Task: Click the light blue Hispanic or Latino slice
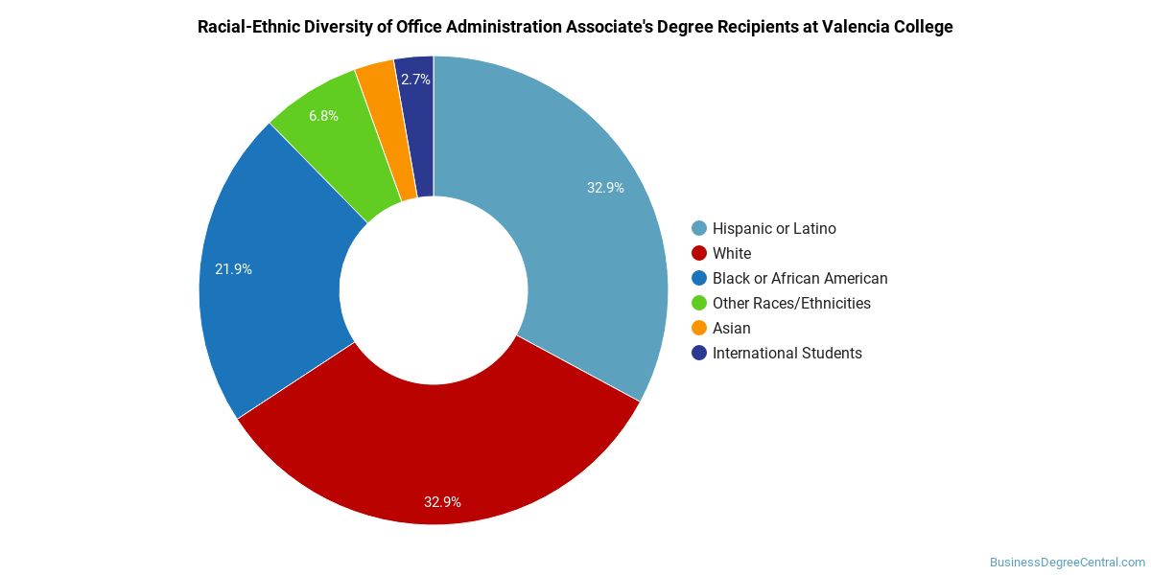tap(580, 216)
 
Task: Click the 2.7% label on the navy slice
tap(415, 80)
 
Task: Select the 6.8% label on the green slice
tap(323, 116)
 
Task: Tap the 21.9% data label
tap(233, 269)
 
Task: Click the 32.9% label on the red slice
tap(442, 501)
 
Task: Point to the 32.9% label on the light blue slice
tap(605, 188)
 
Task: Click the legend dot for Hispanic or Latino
tap(699, 228)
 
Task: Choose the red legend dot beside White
tap(699, 253)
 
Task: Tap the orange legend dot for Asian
tap(699, 328)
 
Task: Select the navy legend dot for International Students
tap(699, 353)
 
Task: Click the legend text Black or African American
tap(800, 278)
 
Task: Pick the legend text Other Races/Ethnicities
tap(791, 303)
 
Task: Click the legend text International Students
tap(787, 354)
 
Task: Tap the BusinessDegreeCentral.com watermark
tap(1068, 563)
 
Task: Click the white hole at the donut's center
tap(434, 290)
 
